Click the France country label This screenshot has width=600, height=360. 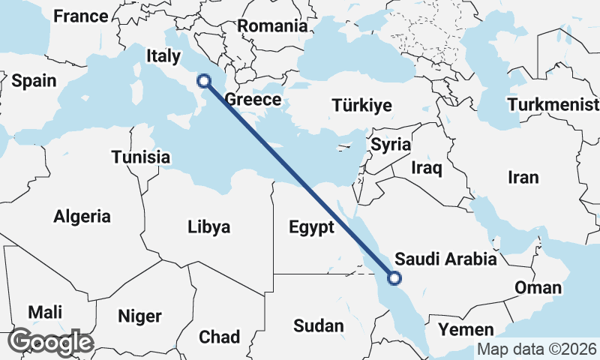[x=81, y=16]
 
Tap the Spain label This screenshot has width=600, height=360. [x=34, y=81]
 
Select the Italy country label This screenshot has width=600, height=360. [x=163, y=55]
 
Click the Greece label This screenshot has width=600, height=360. [x=253, y=100]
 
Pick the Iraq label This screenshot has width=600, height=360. [x=427, y=168]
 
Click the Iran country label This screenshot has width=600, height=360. [x=523, y=178]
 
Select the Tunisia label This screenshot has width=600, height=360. [x=140, y=157]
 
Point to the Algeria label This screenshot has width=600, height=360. [x=82, y=217]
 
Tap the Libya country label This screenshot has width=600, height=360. [x=208, y=227]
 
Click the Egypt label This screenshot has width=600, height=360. [x=309, y=227]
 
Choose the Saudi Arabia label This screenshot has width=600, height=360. [x=445, y=259]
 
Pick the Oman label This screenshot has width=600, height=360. [x=537, y=288]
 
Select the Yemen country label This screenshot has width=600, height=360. [x=466, y=329]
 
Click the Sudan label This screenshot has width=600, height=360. [x=318, y=325]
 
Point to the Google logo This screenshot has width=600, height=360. [x=50, y=342]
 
